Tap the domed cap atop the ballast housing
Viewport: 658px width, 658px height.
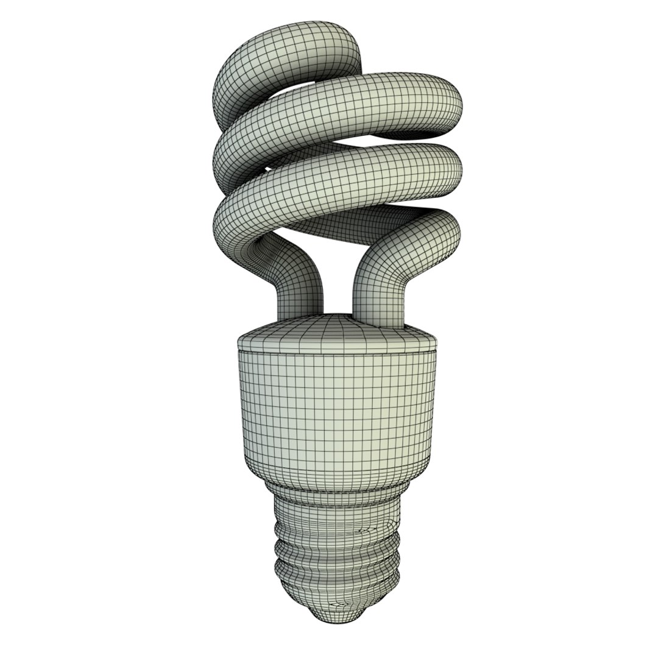pos(335,335)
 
